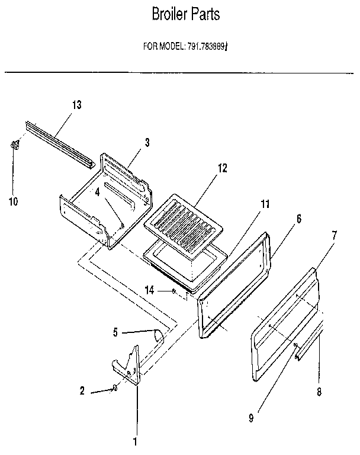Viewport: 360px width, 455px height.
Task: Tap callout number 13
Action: (77, 105)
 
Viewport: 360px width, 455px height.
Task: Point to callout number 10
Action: (13, 202)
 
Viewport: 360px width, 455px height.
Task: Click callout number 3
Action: (147, 142)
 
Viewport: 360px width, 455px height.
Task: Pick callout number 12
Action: (222, 168)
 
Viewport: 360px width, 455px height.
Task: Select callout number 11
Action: (265, 204)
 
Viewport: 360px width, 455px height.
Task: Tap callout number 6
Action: (298, 218)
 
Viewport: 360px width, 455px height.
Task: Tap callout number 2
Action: (83, 390)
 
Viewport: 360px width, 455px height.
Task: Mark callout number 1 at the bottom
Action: (135, 441)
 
